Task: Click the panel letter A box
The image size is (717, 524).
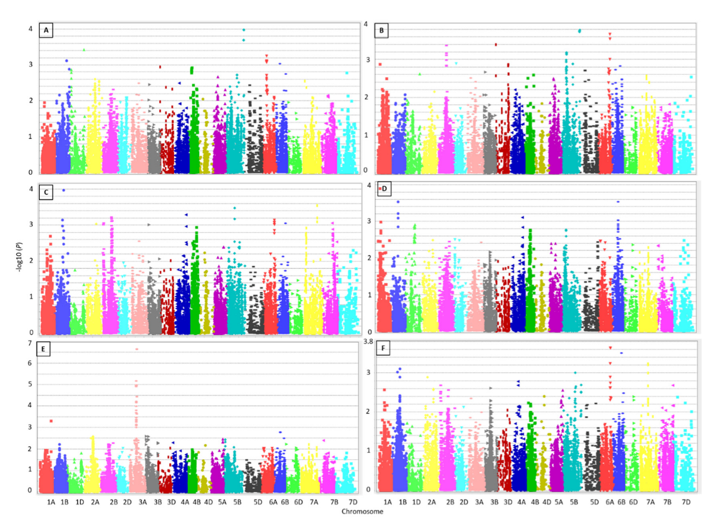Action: pyautogui.click(x=46, y=30)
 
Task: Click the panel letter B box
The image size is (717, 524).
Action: pyautogui.click(x=381, y=30)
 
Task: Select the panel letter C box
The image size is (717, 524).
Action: pyautogui.click(x=46, y=192)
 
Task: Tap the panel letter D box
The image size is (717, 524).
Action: pyautogui.click(x=384, y=188)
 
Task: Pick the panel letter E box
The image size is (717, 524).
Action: pyautogui.click(x=43, y=349)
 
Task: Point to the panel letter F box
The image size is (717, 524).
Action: pyautogui.click(x=383, y=348)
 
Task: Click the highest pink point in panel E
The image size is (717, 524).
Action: pyautogui.click(x=137, y=349)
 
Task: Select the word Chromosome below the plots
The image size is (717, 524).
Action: pyautogui.click(x=362, y=511)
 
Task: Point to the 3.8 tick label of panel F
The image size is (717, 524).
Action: pyautogui.click(x=368, y=341)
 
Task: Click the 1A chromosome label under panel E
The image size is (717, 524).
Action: pyautogui.click(x=51, y=502)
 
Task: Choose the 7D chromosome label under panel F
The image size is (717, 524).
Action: pyautogui.click(x=686, y=502)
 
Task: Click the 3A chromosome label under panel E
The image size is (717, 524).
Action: pyautogui.click(x=142, y=502)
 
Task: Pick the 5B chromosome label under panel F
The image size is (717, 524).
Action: pyautogui.click(x=574, y=502)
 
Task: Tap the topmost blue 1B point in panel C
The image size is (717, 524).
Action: pyautogui.click(x=64, y=190)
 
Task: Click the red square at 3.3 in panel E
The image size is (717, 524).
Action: pyautogui.click(x=51, y=421)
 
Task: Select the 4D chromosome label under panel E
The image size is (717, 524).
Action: pyautogui.click(x=208, y=502)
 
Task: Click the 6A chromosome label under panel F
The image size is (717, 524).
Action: pyautogui.click(x=610, y=502)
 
